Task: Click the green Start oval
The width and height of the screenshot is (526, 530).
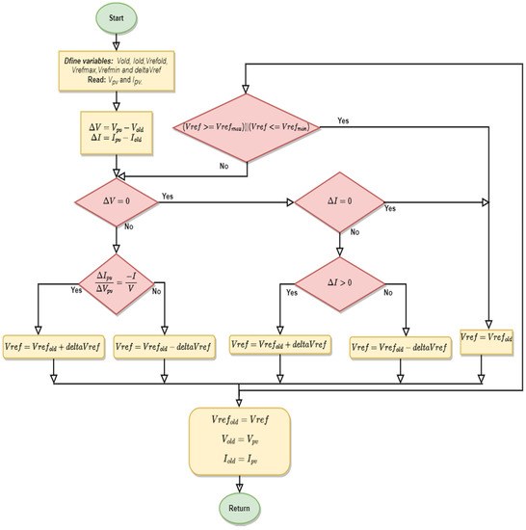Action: [x=117, y=18]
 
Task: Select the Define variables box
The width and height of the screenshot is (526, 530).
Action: [x=116, y=79]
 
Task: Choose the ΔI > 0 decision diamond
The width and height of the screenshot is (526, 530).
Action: [x=337, y=284]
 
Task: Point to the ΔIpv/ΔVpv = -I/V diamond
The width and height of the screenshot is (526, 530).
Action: [x=116, y=285]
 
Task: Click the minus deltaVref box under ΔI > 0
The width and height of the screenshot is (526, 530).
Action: [x=400, y=345]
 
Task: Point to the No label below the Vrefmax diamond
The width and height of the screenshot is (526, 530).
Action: [x=223, y=165]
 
